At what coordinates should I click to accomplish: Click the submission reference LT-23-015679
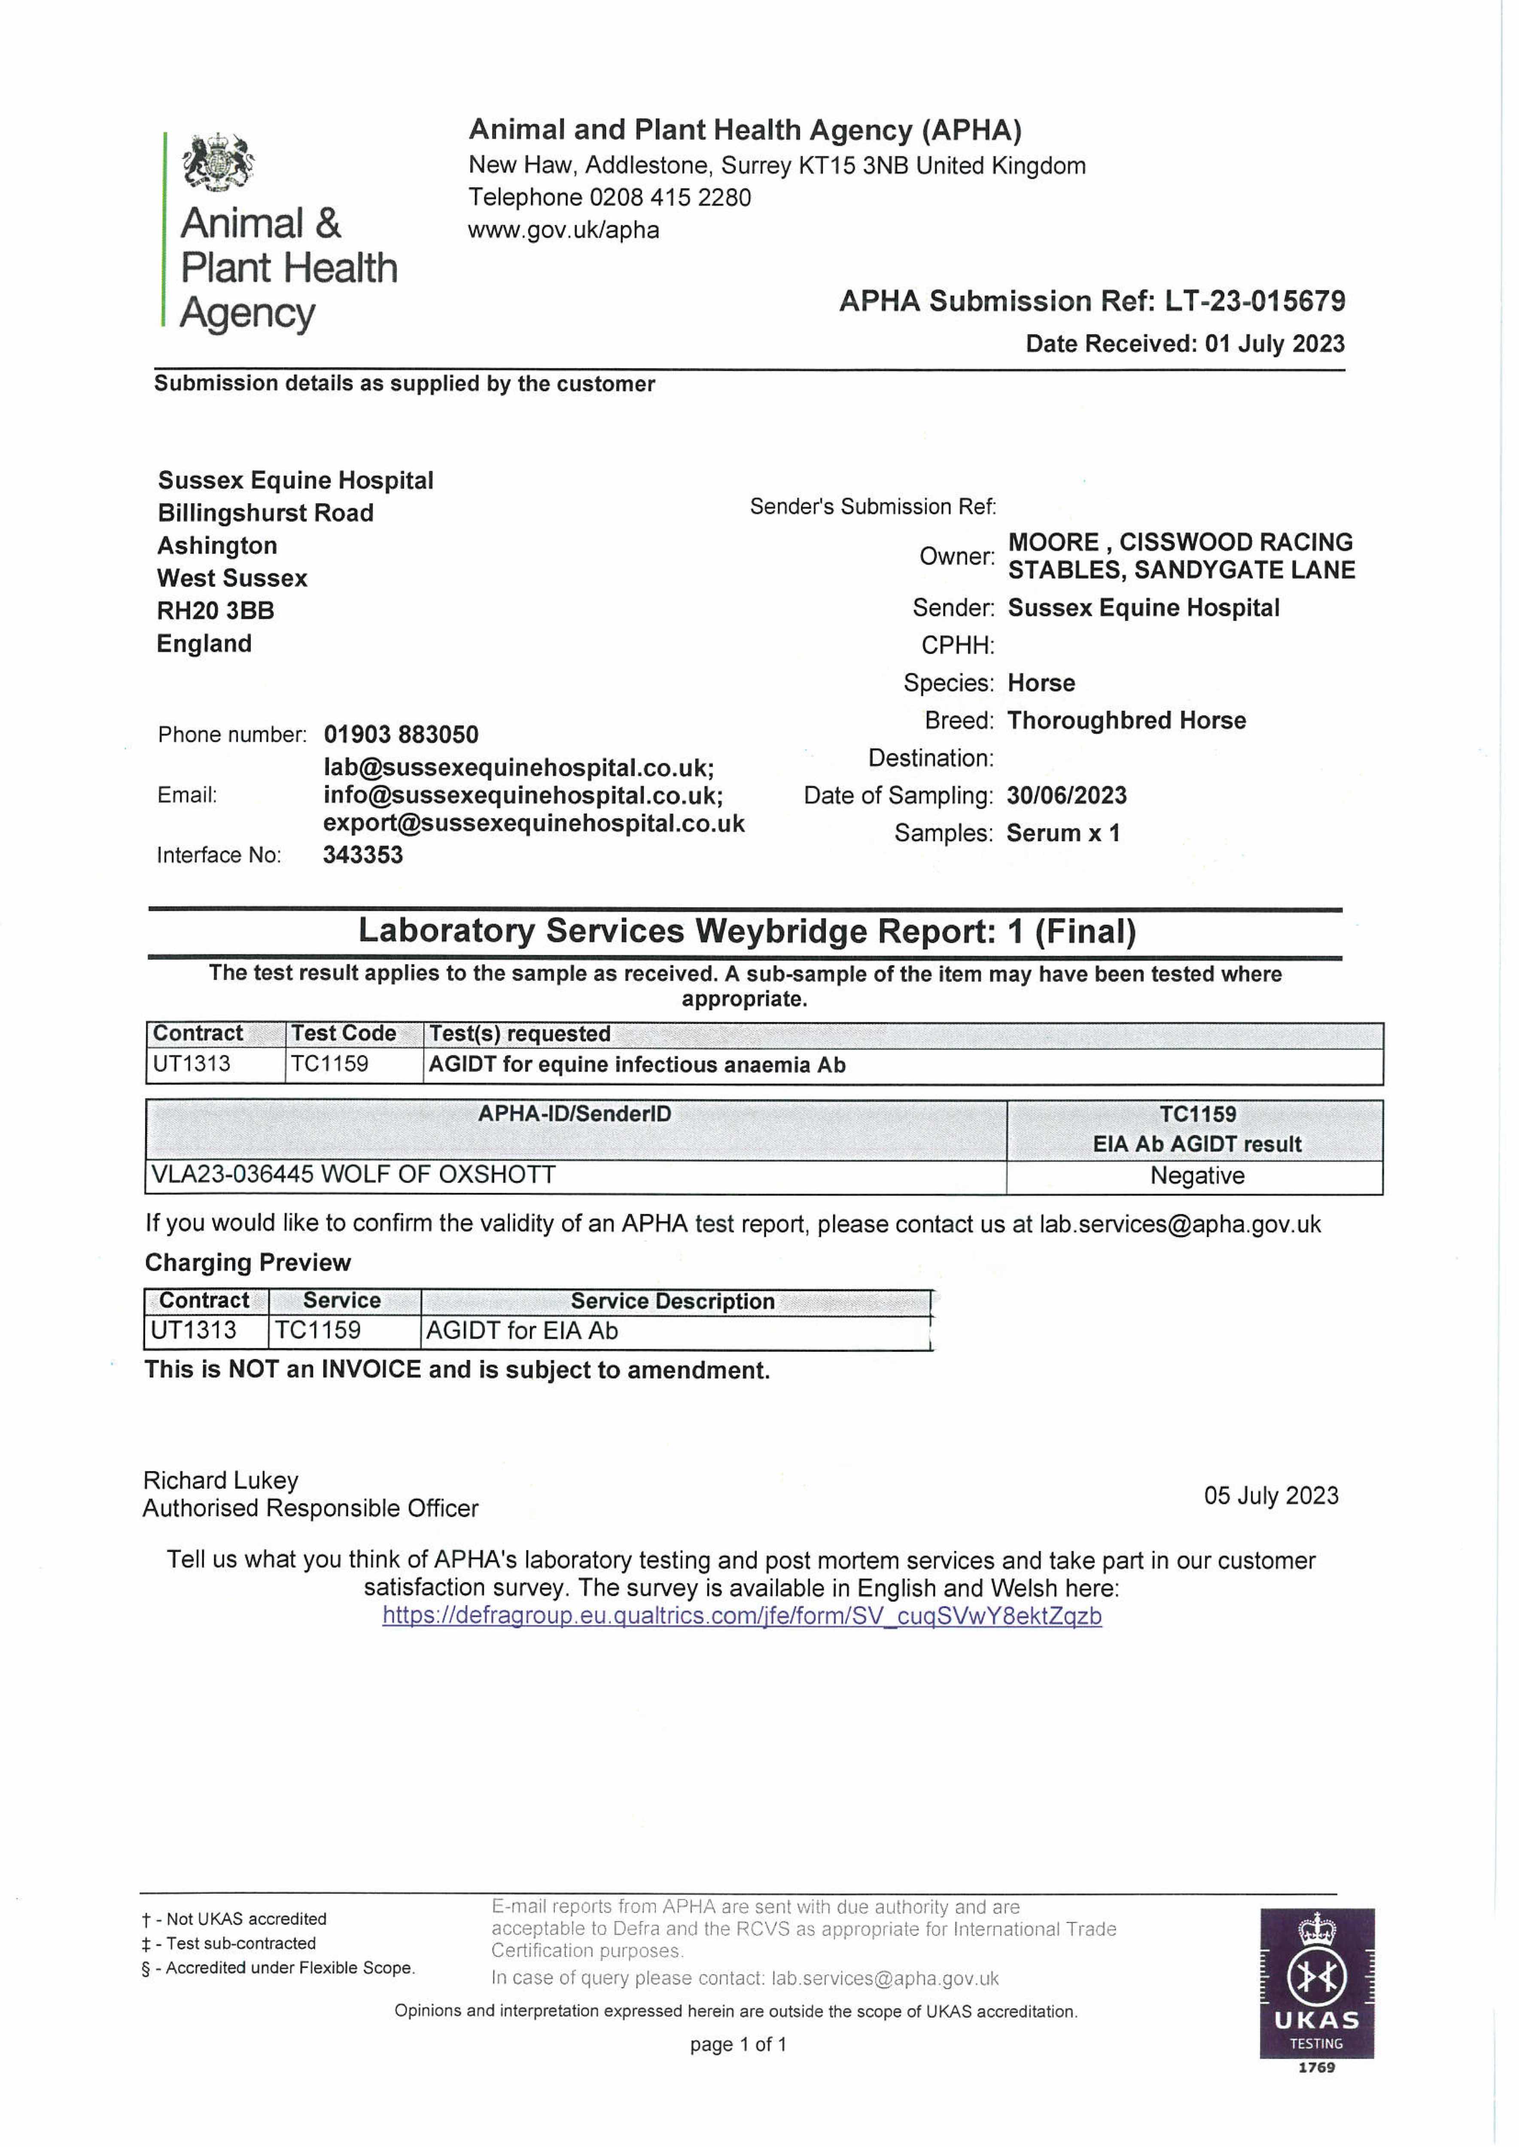coord(1254,301)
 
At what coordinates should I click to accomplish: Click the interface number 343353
coord(363,855)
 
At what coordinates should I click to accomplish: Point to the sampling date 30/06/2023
coord(1066,796)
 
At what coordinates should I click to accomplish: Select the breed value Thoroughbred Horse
coord(1126,720)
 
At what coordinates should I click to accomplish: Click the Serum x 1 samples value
coord(1062,833)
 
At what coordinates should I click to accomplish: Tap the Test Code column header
coord(343,1033)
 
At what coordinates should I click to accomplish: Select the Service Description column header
coord(673,1301)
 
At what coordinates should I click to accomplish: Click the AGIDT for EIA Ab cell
coord(522,1331)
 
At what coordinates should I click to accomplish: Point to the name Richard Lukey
coord(221,1480)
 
